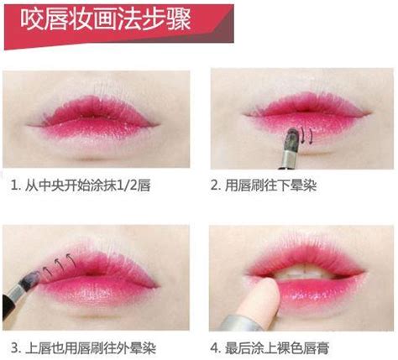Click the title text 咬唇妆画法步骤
106,19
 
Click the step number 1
14,185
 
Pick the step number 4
214,348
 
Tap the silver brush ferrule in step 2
289,159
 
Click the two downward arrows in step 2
307,135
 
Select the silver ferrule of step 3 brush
16,294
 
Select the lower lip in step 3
98,292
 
